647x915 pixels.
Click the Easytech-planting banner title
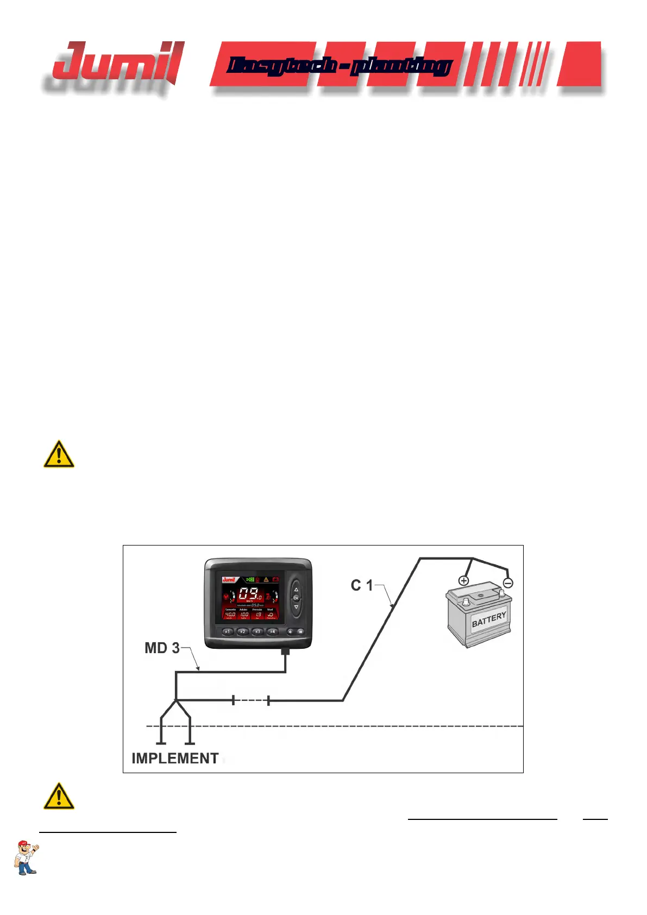339,66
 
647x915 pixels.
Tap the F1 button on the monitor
228,631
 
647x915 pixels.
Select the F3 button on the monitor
258,631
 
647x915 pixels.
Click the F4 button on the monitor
273,631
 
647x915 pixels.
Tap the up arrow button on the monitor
296,589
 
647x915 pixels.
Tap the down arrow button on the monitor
296,607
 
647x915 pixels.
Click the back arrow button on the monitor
290,631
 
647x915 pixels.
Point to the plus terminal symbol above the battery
463,581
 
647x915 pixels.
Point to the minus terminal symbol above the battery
508,583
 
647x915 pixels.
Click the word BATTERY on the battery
489,619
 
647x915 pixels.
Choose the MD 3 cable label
162,648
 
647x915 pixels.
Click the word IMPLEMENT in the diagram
175,759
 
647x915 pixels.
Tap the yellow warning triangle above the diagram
59,455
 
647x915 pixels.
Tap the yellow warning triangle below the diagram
59,797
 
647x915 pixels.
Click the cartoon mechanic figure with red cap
26,858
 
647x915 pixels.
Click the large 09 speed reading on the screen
249,594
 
